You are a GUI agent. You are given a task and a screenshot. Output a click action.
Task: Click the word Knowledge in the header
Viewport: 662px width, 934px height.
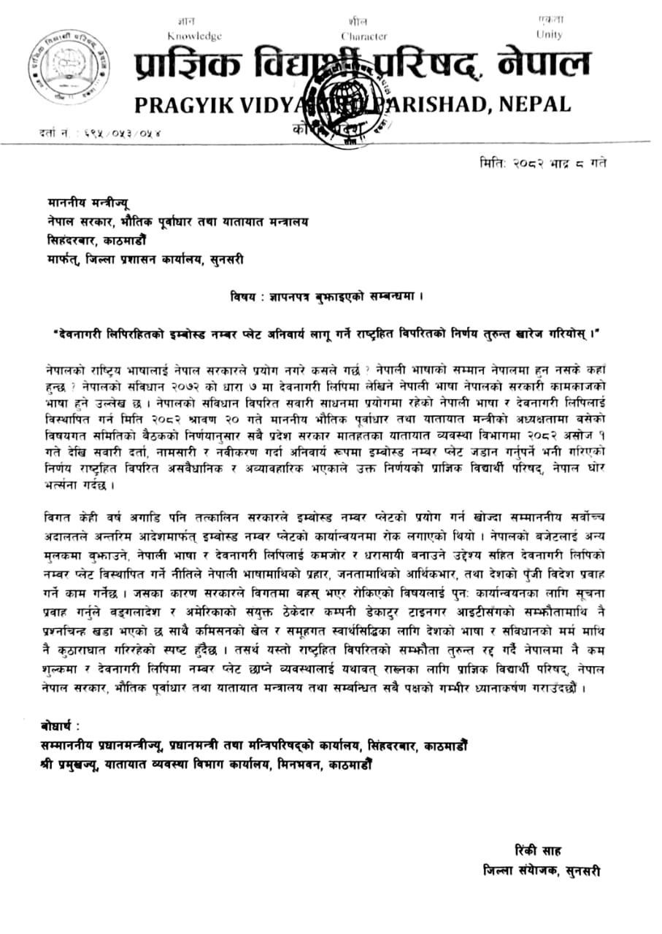[194, 36]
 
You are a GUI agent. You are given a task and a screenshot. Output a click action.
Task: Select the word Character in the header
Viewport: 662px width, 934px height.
[363, 36]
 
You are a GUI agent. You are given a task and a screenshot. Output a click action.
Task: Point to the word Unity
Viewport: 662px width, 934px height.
[549, 34]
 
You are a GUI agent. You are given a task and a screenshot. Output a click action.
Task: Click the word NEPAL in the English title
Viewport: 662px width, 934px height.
[534, 104]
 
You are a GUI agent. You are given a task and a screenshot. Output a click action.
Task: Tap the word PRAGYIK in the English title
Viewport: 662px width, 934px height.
[184, 104]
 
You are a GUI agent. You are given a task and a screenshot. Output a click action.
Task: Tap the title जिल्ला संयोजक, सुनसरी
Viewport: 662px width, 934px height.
[542, 871]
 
